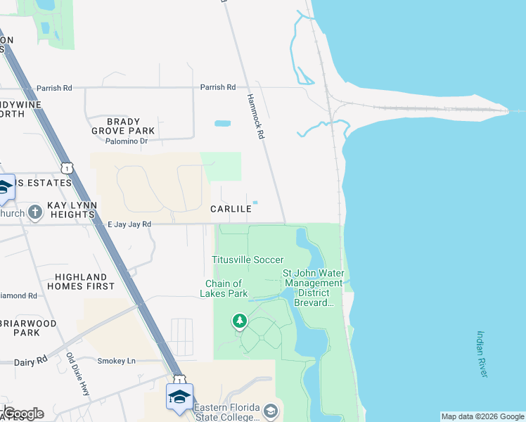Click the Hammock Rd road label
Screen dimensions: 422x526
(255, 117)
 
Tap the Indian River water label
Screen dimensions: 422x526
(482, 354)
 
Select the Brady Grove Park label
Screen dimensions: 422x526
(123, 126)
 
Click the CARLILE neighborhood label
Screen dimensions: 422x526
(231, 209)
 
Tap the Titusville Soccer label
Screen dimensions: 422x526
(248, 260)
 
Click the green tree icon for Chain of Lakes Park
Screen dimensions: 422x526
(240, 321)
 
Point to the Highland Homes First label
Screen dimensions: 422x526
(81, 281)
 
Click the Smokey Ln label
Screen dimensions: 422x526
(116, 361)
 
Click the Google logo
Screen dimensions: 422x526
(23, 413)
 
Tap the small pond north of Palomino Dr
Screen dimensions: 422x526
(222, 124)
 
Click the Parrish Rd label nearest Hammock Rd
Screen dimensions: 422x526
(217, 87)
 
